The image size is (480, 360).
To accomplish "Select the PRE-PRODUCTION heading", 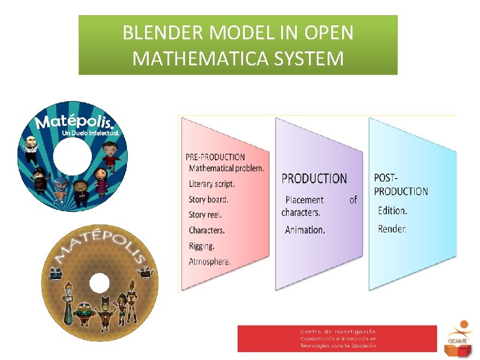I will (x=215, y=157).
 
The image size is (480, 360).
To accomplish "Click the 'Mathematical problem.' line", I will (x=226, y=168).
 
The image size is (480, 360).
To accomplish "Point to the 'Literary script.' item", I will (x=212, y=183).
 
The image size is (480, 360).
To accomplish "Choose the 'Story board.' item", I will (x=209, y=199).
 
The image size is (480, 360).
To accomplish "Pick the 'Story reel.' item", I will (x=205, y=215).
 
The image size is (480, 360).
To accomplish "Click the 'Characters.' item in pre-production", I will (x=207, y=231).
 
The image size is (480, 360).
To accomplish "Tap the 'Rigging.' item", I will (x=201, y=246).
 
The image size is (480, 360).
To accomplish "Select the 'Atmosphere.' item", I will (x=209, y=262).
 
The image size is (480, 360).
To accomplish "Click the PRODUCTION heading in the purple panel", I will (x=314, y=178).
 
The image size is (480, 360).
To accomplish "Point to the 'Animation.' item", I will (x=305, y=230).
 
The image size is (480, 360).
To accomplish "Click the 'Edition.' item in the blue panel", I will (x=393, y=211).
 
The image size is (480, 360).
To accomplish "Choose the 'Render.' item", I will (x=392, y=229).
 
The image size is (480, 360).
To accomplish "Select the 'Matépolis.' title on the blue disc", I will (x=74, y=120).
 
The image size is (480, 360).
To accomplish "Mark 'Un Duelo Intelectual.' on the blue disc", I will (x=91, y=133).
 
